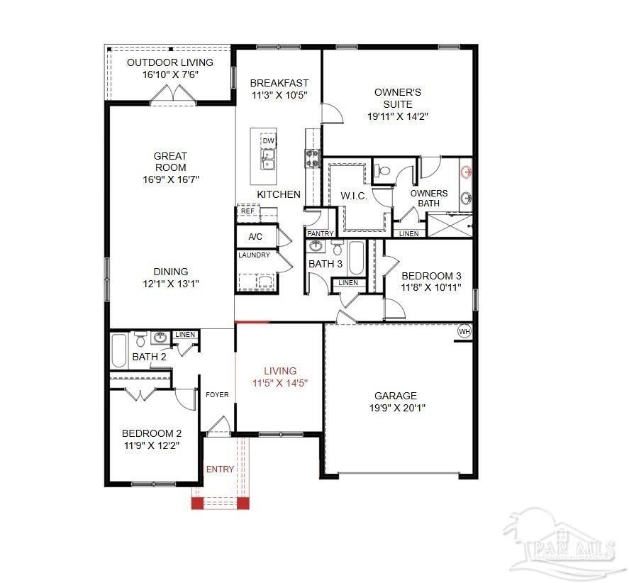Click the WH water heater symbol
tap(464, 331)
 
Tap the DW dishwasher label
tap(268, 141)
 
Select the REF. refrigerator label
tap(247, 211)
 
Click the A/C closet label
tap(256, 237)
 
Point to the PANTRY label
tap(320, 233)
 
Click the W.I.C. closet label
tap(354, 196)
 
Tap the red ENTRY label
tap(220, 470)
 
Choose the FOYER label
tap(217, 395)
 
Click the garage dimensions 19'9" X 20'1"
tap(396, 408)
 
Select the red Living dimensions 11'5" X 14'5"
tap(279, 383)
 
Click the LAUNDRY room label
tap(254, 255)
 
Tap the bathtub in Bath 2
tap(119, 350)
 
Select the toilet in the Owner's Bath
tap(383, 170)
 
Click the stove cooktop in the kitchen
tap(312, 157)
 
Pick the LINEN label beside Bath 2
tap(185, 335)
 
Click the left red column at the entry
tap(197, 503)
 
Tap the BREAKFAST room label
tap(279, 83)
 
